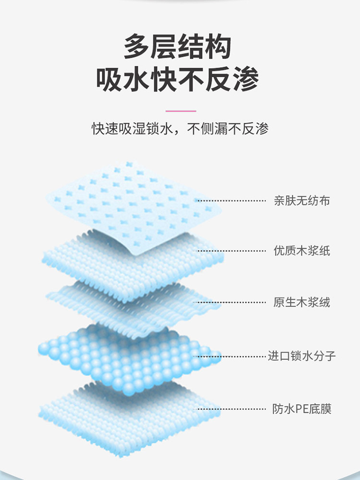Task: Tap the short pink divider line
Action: (x=180, y=111)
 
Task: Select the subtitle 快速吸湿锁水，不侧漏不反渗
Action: (x=180, y=129)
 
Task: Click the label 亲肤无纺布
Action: (x=301, y=201)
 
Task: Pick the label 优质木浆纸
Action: (x=301, y=251)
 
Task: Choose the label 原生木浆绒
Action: (x=301, y=302)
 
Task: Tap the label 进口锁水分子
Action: (x=301, y=356)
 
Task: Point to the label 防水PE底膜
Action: (x=301, y=409)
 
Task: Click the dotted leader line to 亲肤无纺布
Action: (x=230, y=201)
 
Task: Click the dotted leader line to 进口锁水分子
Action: (x=233, y=356)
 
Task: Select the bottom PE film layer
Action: (x=125, y=418)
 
